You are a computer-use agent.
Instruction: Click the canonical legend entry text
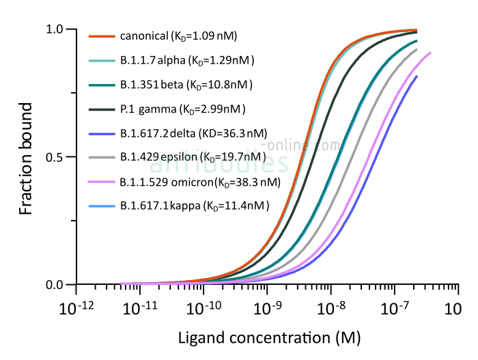[178, 36]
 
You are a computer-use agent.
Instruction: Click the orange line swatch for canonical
[102, 36]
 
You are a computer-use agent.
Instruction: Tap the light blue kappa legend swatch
[102, 206]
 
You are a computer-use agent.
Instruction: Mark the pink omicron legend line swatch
[102, 182]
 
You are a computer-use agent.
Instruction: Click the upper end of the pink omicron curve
[430, 53]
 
